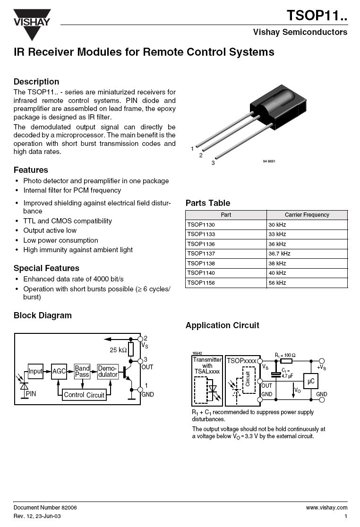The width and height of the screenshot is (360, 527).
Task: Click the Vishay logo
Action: click(32, 24)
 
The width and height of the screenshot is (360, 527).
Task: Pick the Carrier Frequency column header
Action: click(307, 215)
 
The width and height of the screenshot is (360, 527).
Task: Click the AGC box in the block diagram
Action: click(59, 372)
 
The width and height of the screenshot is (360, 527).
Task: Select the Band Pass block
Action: click(82, 372)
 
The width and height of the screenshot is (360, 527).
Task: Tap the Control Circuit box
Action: click(84, 395)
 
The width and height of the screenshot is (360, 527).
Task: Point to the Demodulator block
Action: click(107, 372)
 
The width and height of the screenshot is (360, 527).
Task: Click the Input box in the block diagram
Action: click(35, 372)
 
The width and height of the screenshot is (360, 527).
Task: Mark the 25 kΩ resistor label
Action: click(118, 350)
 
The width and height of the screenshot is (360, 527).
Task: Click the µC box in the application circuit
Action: click(310, 381)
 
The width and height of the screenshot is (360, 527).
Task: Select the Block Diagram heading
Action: click(43, 315)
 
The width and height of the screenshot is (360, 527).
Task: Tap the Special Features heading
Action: click(46, 268)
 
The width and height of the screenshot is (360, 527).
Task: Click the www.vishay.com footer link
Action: click(326, 507)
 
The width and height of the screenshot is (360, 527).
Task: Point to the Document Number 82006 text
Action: click(45, 507)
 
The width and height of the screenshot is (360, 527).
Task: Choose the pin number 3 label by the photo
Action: click(213, 163)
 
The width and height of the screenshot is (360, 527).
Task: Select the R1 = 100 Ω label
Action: click(285, 355)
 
